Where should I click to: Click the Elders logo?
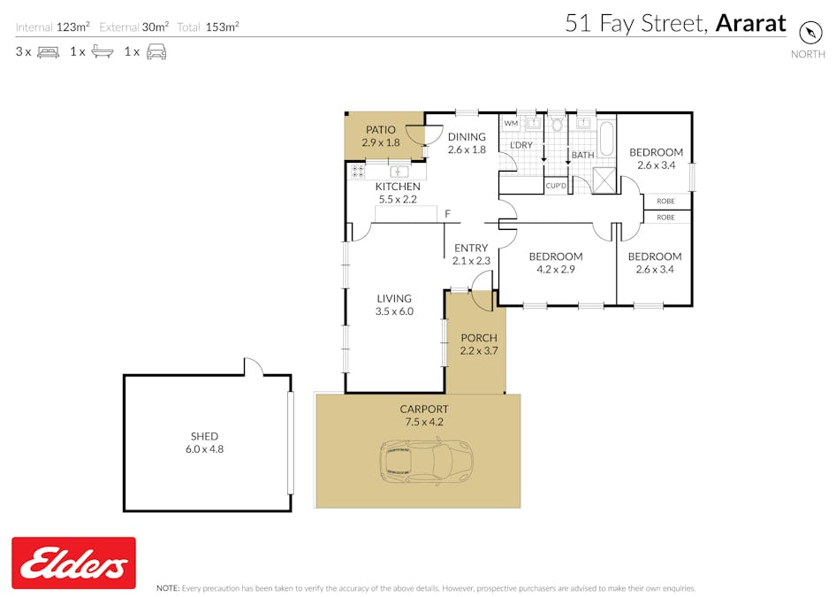(73, 563)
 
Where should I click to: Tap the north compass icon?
(809, 33)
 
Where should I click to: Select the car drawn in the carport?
(427, 462)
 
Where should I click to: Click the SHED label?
(204, 436)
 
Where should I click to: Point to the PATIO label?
(381, 130)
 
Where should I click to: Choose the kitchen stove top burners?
(358, 172)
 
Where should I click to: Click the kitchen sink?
(399, 172)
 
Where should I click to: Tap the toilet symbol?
(557, 125)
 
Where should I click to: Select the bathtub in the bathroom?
(607, 139)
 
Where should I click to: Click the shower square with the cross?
(604, 180)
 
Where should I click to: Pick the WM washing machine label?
(511, 123)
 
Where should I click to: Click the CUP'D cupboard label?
(556, 186)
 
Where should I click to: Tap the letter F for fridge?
(447, 213)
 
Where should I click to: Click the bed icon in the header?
(48, 52)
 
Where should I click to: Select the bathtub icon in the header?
(103, 52)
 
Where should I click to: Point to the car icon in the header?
(156, 52)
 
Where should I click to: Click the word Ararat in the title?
(750, 23)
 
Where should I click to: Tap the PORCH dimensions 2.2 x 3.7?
(479, 350)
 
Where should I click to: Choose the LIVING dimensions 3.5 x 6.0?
(394, 311)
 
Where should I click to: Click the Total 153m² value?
(223, 27)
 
